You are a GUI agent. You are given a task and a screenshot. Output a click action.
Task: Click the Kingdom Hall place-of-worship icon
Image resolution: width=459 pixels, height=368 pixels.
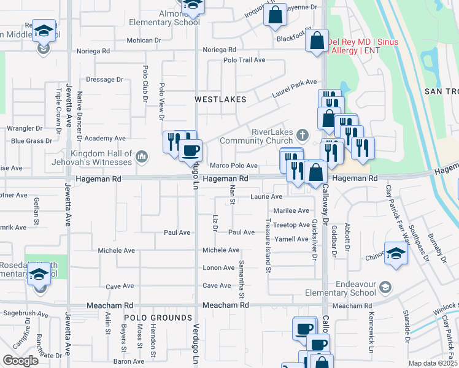(142, 158)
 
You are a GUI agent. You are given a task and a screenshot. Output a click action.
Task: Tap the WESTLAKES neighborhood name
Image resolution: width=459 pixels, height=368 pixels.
(220, 99)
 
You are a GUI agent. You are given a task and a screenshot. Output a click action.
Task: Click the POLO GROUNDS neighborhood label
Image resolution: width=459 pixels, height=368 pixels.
(158, 318)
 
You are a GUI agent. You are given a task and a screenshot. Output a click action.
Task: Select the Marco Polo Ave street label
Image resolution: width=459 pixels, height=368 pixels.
(233, 166)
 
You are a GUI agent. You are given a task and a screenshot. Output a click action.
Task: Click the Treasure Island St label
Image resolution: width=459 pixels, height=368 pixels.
(268, 245)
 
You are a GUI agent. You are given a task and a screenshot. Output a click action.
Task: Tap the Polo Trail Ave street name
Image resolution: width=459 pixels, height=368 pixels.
(244, 60)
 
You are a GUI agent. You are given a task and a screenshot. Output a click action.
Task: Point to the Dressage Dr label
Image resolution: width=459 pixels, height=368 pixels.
(105, 79)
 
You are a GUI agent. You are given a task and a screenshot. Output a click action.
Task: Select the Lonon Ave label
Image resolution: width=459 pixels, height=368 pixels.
(219, 267)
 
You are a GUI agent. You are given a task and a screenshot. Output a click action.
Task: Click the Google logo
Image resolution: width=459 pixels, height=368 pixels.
(21, 361)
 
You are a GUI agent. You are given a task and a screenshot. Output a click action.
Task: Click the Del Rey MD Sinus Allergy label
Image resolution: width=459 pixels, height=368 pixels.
(362, 46)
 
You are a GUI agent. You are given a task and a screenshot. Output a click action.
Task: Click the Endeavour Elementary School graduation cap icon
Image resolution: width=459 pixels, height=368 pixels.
(385, 287)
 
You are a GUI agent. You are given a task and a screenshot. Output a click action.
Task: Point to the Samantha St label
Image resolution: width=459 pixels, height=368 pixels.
(242, 274)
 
